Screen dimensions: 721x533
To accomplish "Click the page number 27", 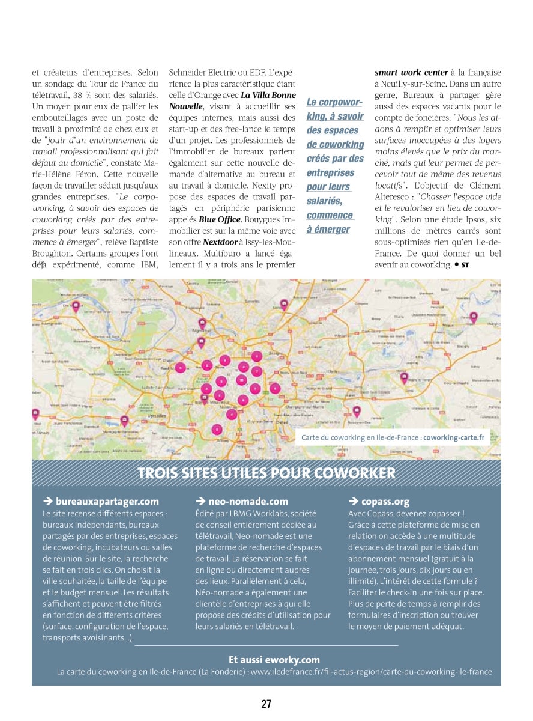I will (x=266, y=704).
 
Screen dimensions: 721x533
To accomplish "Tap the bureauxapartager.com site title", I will (x=107, y=501).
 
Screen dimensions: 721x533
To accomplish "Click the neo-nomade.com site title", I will (x=248, y=501).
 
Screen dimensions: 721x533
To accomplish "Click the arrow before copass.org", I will (x=352, y=501).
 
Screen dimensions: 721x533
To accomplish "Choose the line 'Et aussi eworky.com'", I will (x=274, y=659).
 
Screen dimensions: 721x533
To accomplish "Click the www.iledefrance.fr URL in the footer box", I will (x=371, y=672).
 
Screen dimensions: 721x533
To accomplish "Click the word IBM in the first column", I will (x=147, y=264).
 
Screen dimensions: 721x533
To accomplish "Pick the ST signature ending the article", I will (x=465, y=265).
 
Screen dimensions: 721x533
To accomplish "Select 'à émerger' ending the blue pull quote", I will (x=328, y=229).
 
